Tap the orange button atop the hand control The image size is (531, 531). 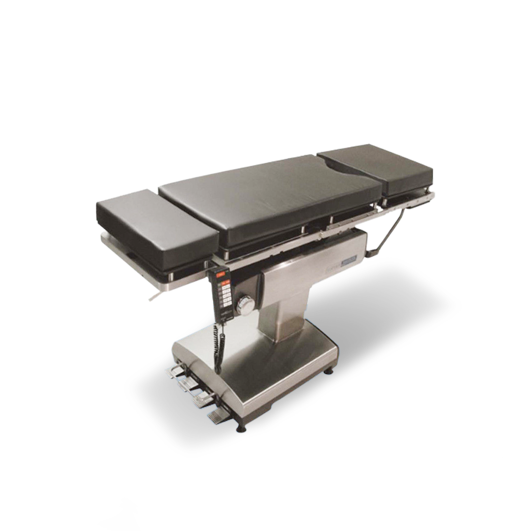221,275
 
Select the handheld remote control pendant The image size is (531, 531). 224,294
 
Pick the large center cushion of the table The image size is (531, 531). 270,198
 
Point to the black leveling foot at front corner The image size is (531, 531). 240,428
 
